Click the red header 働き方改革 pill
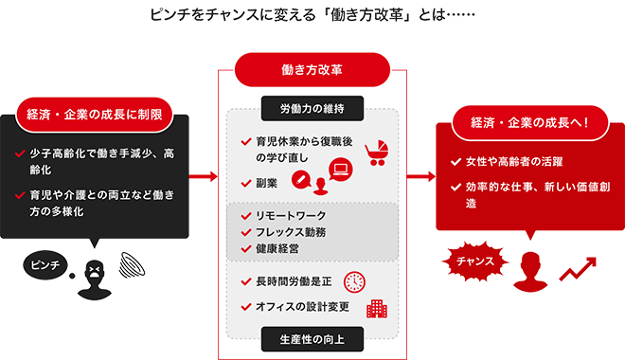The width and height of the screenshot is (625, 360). (x=312, y=69)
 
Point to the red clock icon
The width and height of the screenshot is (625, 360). (x=355, y=280)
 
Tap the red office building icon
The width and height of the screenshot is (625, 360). (x=377, y=308)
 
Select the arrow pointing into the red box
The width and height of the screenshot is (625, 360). (x=421, y=177)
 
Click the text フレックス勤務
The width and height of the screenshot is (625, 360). (x=294, y=232)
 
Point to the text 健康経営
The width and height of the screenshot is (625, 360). (x=279, y=249)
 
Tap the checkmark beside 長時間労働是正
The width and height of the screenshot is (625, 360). (x=245, y=282)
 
